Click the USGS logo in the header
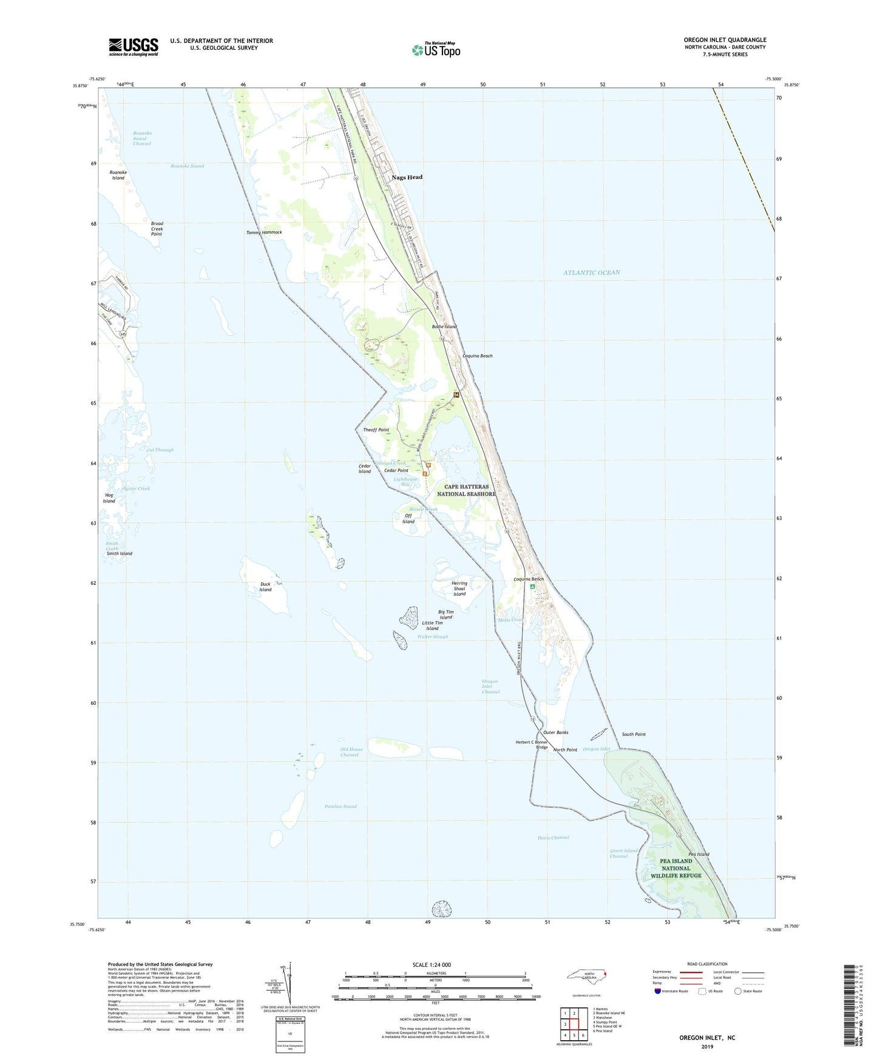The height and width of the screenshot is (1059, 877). click(134, 47)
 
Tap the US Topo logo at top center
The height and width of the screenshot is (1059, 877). click(436, 50)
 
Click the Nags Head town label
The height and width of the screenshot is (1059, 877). click(407, 177)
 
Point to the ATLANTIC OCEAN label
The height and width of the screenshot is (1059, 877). click(591, 272)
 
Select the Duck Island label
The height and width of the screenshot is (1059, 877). click(265, 587)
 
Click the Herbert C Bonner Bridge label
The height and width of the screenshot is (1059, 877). click(532, 744)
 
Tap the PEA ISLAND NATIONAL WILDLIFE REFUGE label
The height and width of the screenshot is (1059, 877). click(676, 868)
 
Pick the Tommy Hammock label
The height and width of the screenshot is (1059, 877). click(264, 232)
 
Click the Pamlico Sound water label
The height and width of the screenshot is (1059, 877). click(340, 806)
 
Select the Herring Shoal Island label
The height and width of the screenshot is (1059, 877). click(459, 588)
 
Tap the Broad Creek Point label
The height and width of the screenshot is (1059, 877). click(157, 229)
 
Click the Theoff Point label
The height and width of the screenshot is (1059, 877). click(376, 430)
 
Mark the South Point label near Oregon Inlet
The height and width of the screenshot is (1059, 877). click(634, 734)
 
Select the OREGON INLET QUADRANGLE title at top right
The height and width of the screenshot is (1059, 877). click(725, 40)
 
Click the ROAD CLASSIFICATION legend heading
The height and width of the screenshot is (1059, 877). click(707, 964)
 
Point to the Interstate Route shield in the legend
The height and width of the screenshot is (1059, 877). click(659, 991)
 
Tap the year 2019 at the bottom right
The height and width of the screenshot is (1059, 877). click(707, 1046)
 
